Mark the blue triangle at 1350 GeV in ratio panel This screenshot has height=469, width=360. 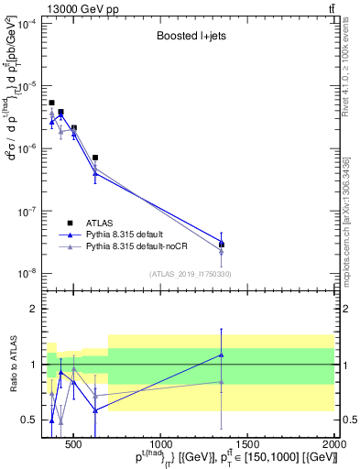click(x=222, y=354)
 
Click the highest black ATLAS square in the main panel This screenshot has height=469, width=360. click(x=52, y=103)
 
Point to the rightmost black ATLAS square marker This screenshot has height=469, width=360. click(x=222, y=244)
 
